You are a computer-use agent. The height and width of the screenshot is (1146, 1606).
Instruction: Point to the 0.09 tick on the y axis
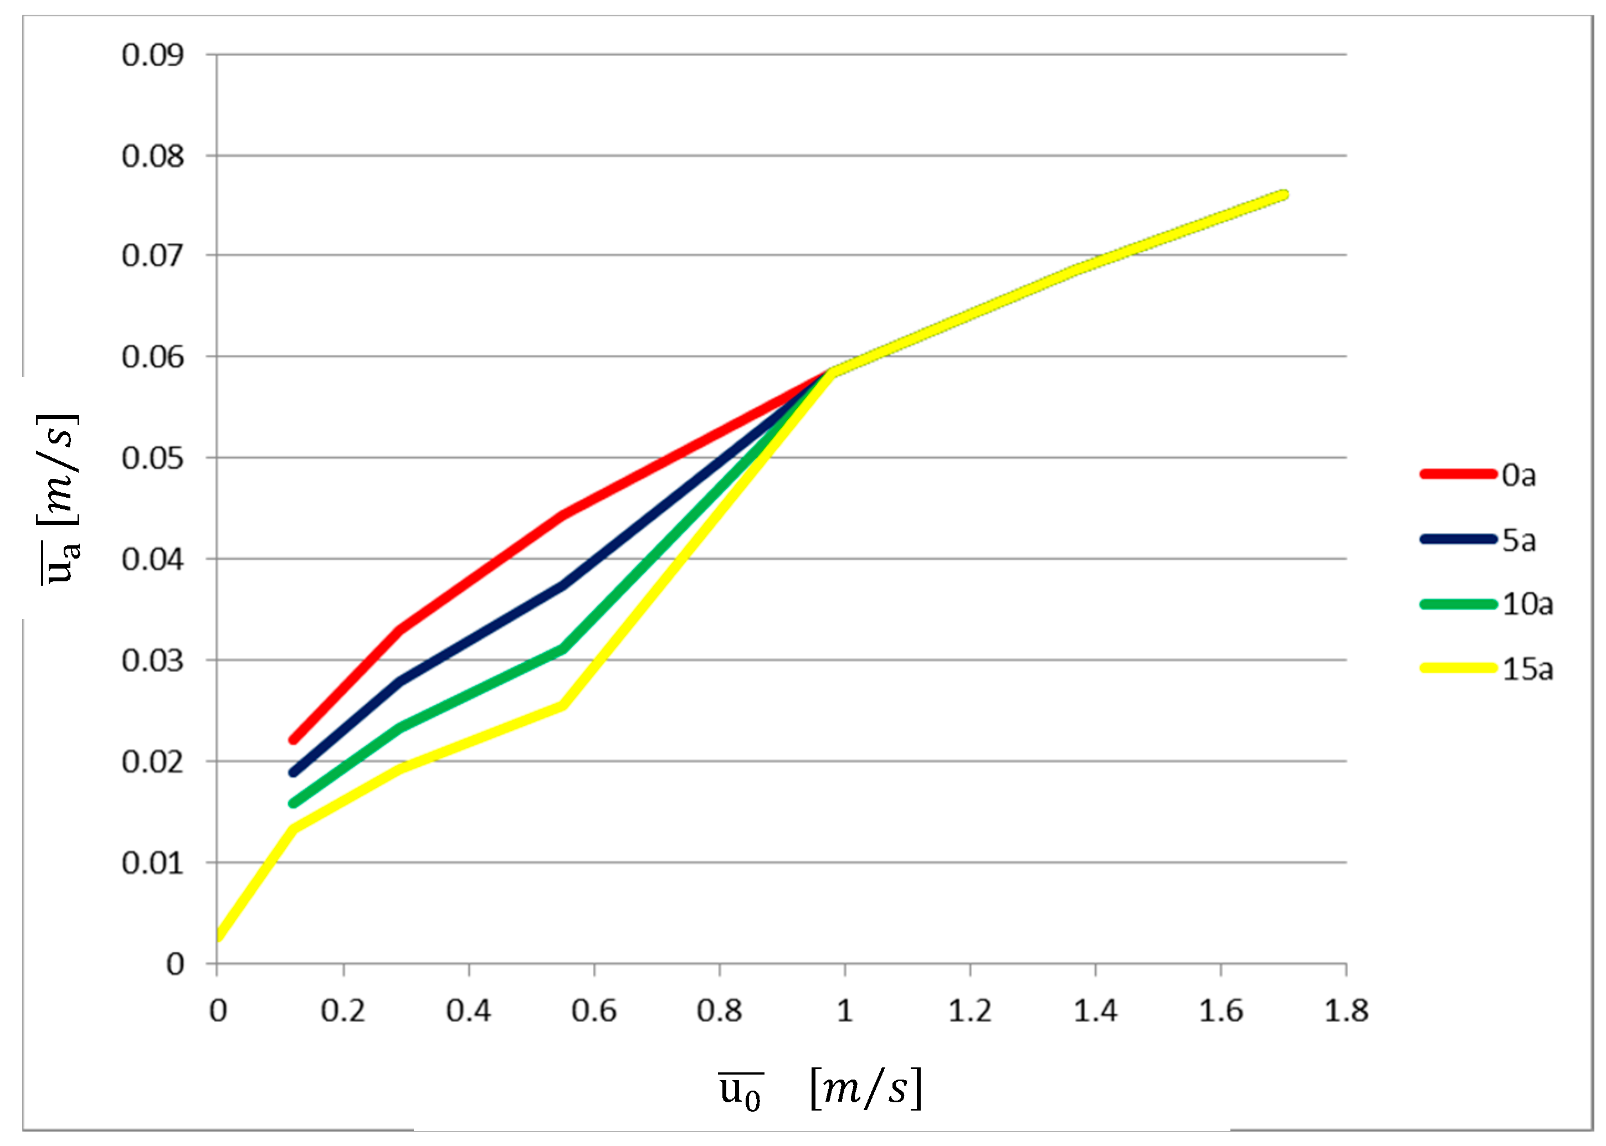click(152, 55)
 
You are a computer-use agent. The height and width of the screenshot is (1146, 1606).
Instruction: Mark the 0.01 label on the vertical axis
click(152, 863)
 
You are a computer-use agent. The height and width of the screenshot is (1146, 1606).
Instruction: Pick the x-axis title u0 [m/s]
click(819, 1089)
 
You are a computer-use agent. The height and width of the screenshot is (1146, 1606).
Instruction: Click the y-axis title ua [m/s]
click(59, 498)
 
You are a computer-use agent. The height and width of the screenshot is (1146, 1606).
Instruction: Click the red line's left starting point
click(293, 740)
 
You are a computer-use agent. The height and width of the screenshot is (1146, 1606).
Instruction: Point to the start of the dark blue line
click(293, 772)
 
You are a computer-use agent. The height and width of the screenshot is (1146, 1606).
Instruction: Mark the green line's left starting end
click(293, 803)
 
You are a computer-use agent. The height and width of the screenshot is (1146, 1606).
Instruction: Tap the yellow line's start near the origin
click(219, 936)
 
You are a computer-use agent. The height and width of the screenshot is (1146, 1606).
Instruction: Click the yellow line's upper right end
click(1284, 195)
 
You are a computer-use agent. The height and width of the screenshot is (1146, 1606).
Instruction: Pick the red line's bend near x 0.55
click(562, 514)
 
